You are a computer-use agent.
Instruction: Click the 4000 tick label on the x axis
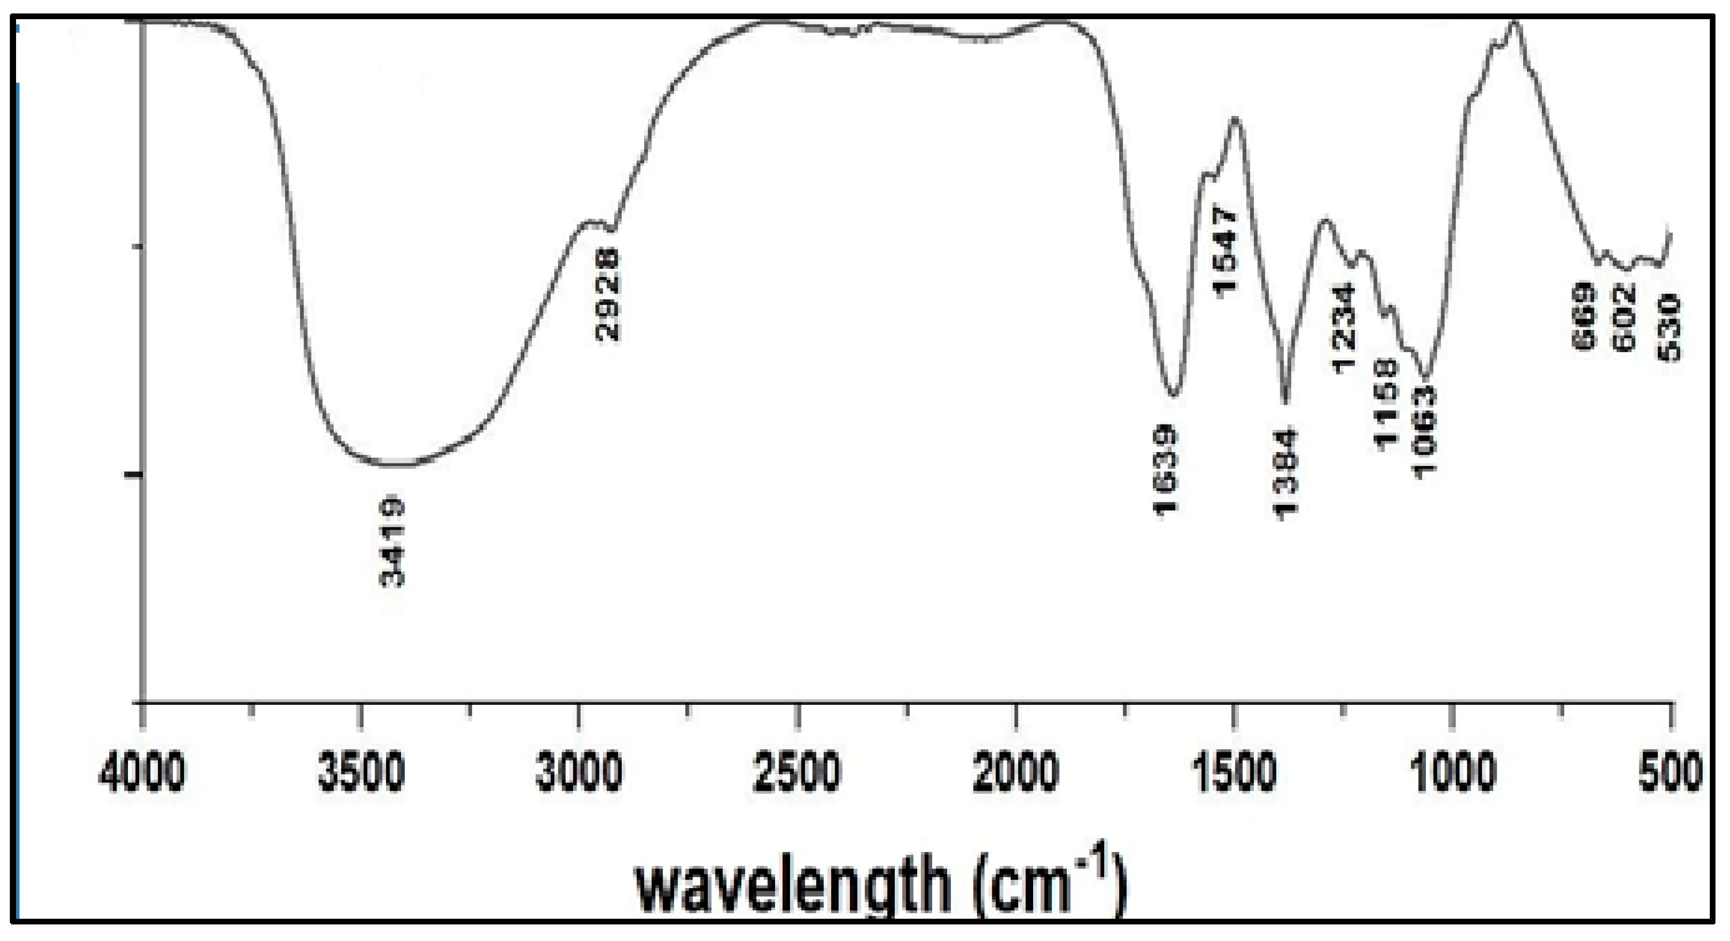(141, 773)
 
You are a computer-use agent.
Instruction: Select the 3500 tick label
(361, 773)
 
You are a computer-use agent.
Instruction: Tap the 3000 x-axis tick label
(579, 773)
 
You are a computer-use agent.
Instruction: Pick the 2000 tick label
(1016, 773)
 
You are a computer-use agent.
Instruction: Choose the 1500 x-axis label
(1234, 773)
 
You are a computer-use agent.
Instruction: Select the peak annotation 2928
(608, 295)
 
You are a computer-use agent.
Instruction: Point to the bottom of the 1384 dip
(1285, 401)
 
